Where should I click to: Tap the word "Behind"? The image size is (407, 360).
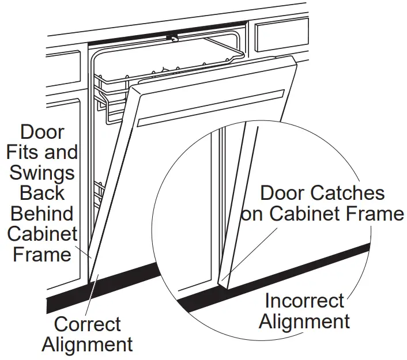[43, 214]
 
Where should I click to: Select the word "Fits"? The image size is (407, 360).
[33, 153]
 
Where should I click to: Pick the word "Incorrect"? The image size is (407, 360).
[304, 301]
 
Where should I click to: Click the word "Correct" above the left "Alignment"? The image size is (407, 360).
[88, 324]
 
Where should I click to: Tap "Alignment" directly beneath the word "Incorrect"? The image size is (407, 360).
[304, 321]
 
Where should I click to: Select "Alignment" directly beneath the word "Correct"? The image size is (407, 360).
[88, 344]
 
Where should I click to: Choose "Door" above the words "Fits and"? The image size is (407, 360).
[42, 132]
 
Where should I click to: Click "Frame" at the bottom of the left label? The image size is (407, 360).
[42, 254]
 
